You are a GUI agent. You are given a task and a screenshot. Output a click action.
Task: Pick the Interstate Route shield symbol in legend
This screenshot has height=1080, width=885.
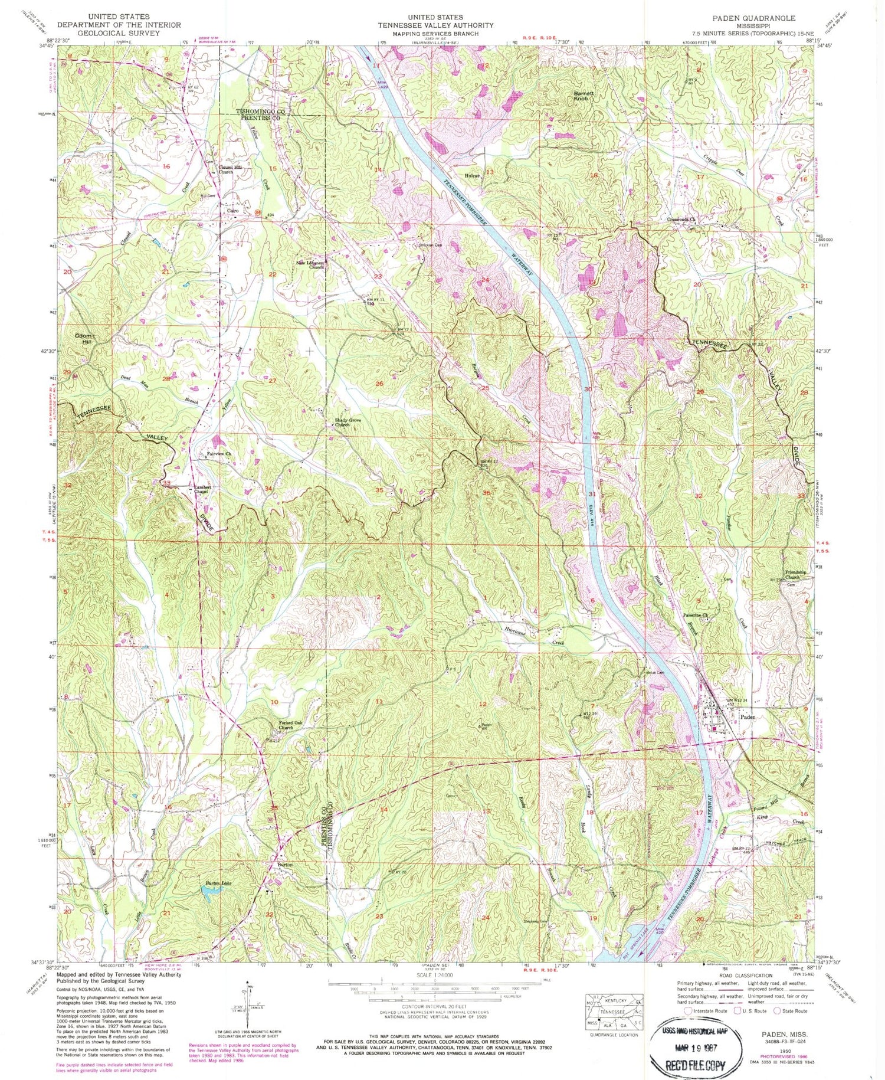point(688,1011)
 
